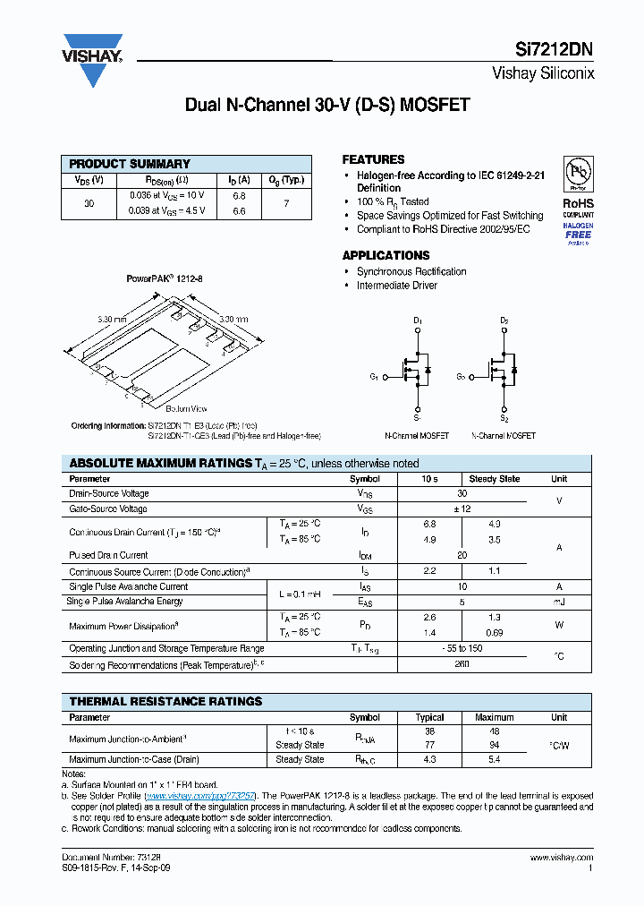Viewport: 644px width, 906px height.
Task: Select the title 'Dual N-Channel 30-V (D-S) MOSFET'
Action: [326, 105]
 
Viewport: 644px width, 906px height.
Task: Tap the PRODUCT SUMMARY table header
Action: [130, 164]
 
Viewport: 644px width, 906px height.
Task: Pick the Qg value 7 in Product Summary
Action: [286, 203]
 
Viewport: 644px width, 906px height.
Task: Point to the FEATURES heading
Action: [373, 159]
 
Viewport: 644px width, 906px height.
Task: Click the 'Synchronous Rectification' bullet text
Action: [411, 271]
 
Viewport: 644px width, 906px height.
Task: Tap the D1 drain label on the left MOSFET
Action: [417, 321]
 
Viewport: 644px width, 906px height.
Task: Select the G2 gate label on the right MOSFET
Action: [462, 377]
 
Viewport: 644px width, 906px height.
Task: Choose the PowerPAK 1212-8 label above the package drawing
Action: [165, 279]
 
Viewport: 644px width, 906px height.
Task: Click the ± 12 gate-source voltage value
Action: [462, 509]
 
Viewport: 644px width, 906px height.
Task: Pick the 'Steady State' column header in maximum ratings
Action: [495, 479]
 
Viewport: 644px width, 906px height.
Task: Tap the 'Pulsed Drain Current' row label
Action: [108, 555]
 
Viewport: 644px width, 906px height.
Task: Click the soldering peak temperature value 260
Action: [462, 665]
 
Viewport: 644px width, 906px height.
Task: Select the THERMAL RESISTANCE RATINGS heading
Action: [165, 701]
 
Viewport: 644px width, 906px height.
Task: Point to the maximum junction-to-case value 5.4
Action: [495, 759]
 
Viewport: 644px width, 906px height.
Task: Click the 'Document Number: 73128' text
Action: [105, 858]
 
